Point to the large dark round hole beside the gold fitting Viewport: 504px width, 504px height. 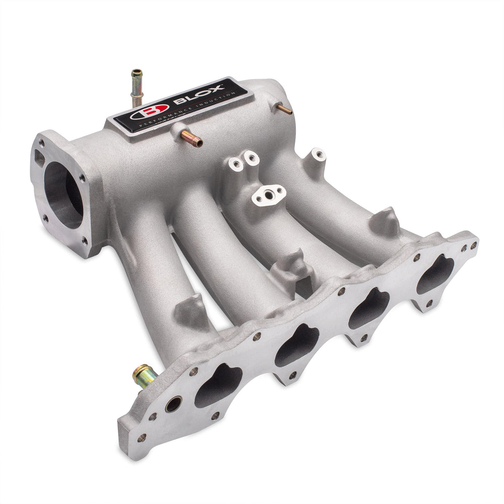point(174,404)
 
